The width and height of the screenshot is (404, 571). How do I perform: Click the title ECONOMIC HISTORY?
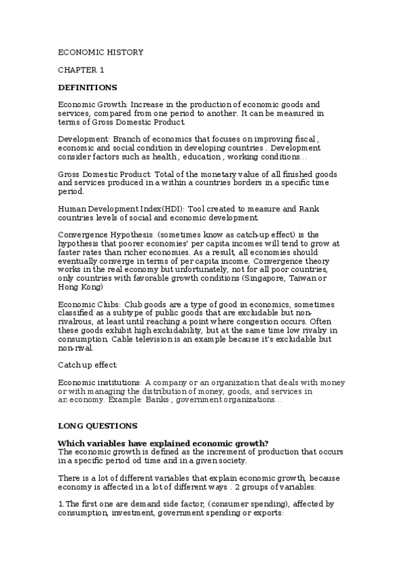tap(100, 52)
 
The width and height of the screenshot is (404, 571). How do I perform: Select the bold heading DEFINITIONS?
tap(88, 88)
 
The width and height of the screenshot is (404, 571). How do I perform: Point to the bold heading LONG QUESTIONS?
tap(98, 426)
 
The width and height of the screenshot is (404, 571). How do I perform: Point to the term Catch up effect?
tap(88, 365)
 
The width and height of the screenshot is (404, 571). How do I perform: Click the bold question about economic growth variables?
tap(163, 442)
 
